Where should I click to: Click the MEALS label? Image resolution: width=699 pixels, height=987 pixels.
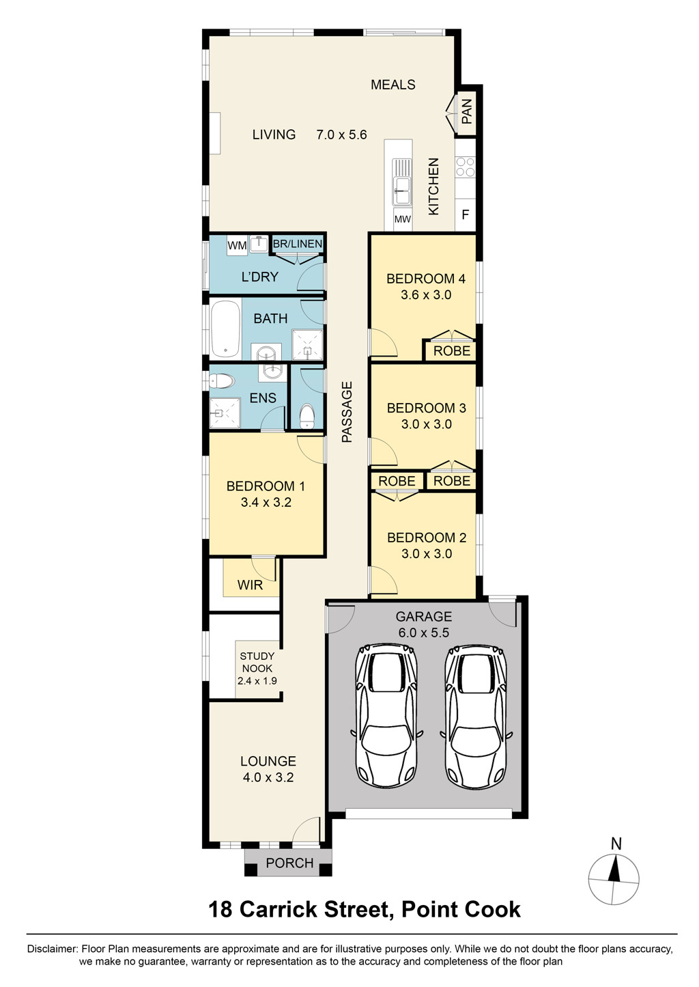(393, 85)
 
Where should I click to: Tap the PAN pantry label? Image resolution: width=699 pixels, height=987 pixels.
(467, 111)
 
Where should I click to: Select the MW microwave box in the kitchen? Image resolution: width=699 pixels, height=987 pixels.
(403, 219)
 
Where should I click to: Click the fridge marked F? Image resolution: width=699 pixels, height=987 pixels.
(466, 214)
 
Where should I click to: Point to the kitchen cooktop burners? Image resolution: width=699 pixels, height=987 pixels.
(466, 167)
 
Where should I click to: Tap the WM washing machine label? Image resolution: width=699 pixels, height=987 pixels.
(237, 245)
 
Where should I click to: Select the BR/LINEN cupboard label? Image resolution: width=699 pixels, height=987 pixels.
(298, 244)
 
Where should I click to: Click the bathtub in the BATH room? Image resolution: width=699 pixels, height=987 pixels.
(225, 329)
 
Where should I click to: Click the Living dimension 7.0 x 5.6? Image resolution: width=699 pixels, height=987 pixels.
(341, 135)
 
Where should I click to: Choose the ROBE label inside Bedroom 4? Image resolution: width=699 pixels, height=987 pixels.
(452, 351)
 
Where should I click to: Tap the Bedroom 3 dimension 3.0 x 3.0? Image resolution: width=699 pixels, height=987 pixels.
(426, 424)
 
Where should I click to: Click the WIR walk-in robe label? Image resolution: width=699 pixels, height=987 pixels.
(250, 585)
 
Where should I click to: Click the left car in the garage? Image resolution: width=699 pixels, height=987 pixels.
(387, 715)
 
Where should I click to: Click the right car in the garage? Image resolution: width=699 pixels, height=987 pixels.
(476, 715)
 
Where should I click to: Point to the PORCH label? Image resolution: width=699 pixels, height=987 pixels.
(289, 863)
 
